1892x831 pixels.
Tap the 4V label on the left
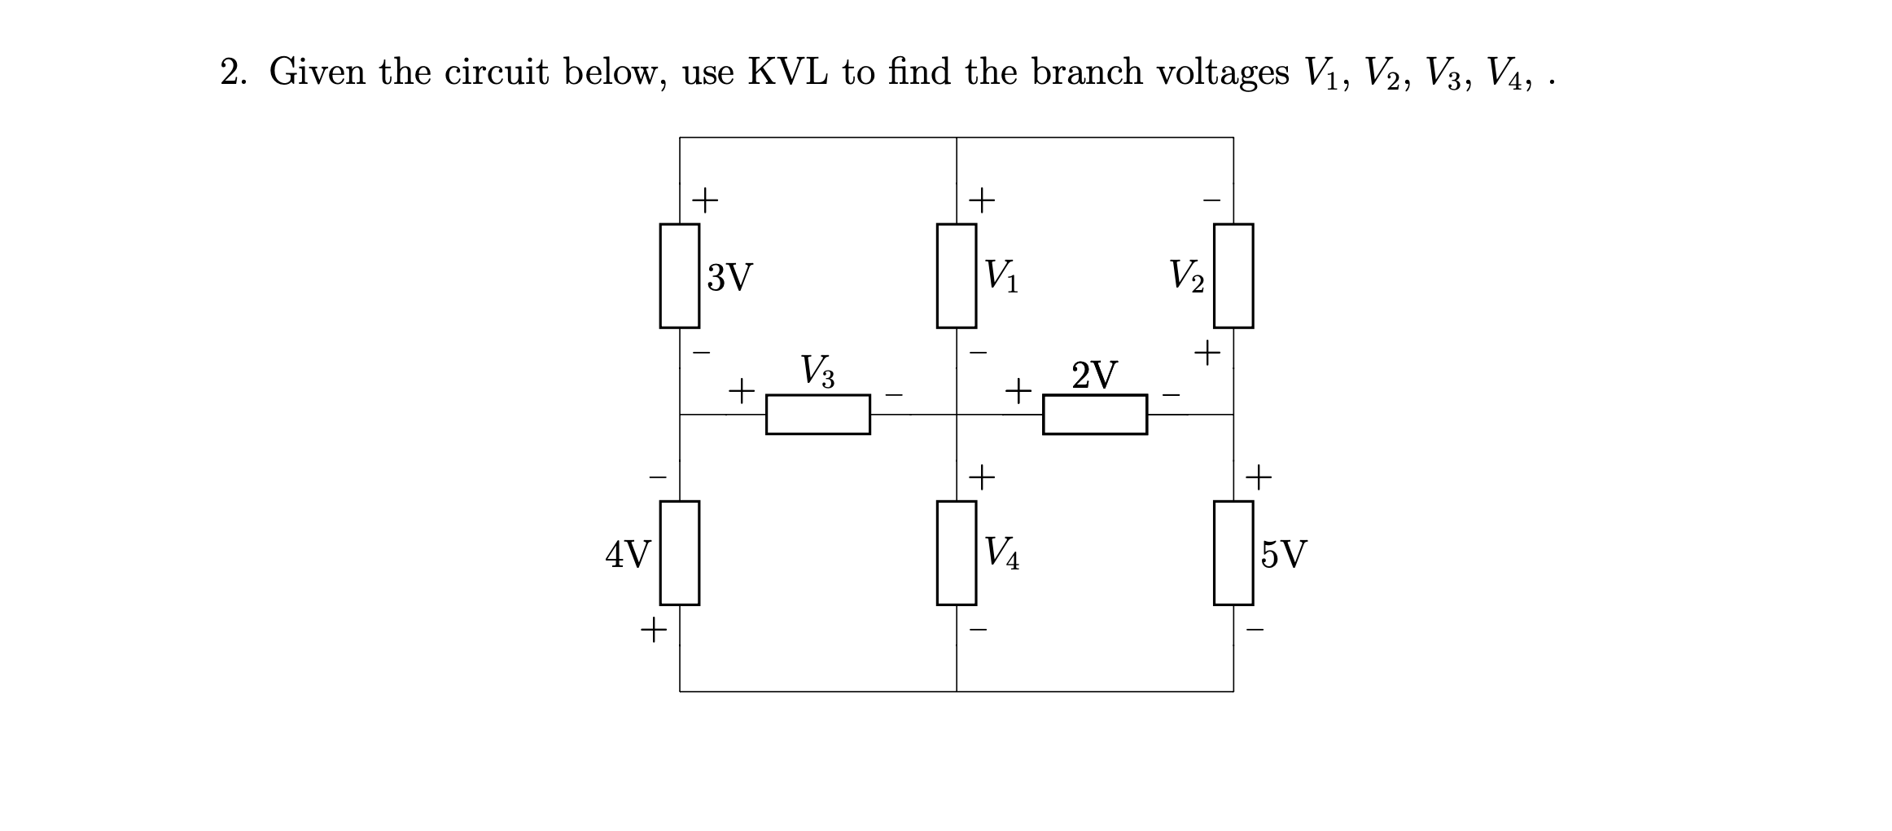point(627,555)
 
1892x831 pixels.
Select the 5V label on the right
point(1284,555)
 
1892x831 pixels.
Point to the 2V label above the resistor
point(1094,375)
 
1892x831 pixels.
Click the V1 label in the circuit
point(1001,276)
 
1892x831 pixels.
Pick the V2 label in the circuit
point(1186,276)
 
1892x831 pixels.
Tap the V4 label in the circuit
point(1001,553)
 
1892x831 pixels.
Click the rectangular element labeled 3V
point(679,276)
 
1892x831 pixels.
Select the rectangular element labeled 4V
point(679,553)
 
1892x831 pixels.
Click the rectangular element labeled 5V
point(1233,553)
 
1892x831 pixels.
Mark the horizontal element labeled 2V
point(1094,415)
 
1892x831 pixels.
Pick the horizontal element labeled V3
point(817,415)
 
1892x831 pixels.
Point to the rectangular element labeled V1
point(956,276)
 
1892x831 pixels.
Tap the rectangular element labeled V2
point(1233,276)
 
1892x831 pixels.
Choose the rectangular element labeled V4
point(956,553)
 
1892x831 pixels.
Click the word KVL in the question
point(787,73)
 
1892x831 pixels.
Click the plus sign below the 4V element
point(653,630)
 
